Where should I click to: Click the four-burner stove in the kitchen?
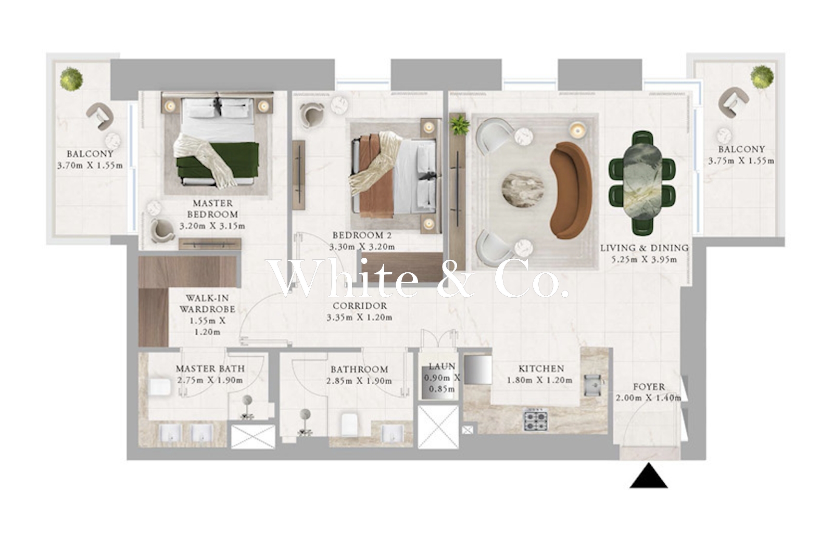pos(536,420)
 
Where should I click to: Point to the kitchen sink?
pos(592,385)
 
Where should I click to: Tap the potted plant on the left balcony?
pos(71,79)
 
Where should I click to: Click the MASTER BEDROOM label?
pos(212,209)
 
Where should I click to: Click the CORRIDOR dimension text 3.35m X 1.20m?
pos(360,317)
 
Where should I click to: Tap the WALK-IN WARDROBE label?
pos(208,304)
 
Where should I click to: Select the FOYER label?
pos(649,387)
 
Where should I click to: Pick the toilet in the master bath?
pos(160,387)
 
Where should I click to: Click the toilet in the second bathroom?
pos(350,424)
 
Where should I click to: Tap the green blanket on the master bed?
pos(218,161)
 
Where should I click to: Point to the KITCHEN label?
pos(541,369)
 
